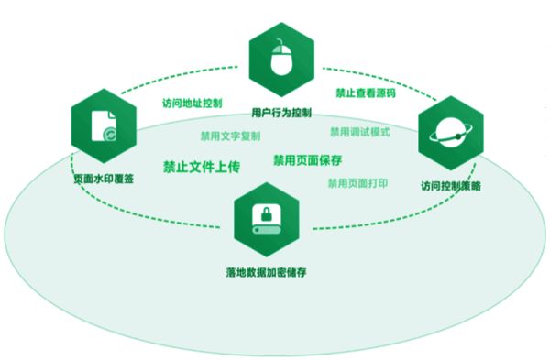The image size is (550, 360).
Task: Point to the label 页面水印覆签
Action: point(104,179)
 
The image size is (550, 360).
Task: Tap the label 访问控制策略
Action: point(451,186)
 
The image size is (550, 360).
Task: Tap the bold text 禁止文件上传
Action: point(202,167)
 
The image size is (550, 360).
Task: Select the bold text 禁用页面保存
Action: point(307,159)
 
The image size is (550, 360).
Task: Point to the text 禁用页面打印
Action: point(357,183)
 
